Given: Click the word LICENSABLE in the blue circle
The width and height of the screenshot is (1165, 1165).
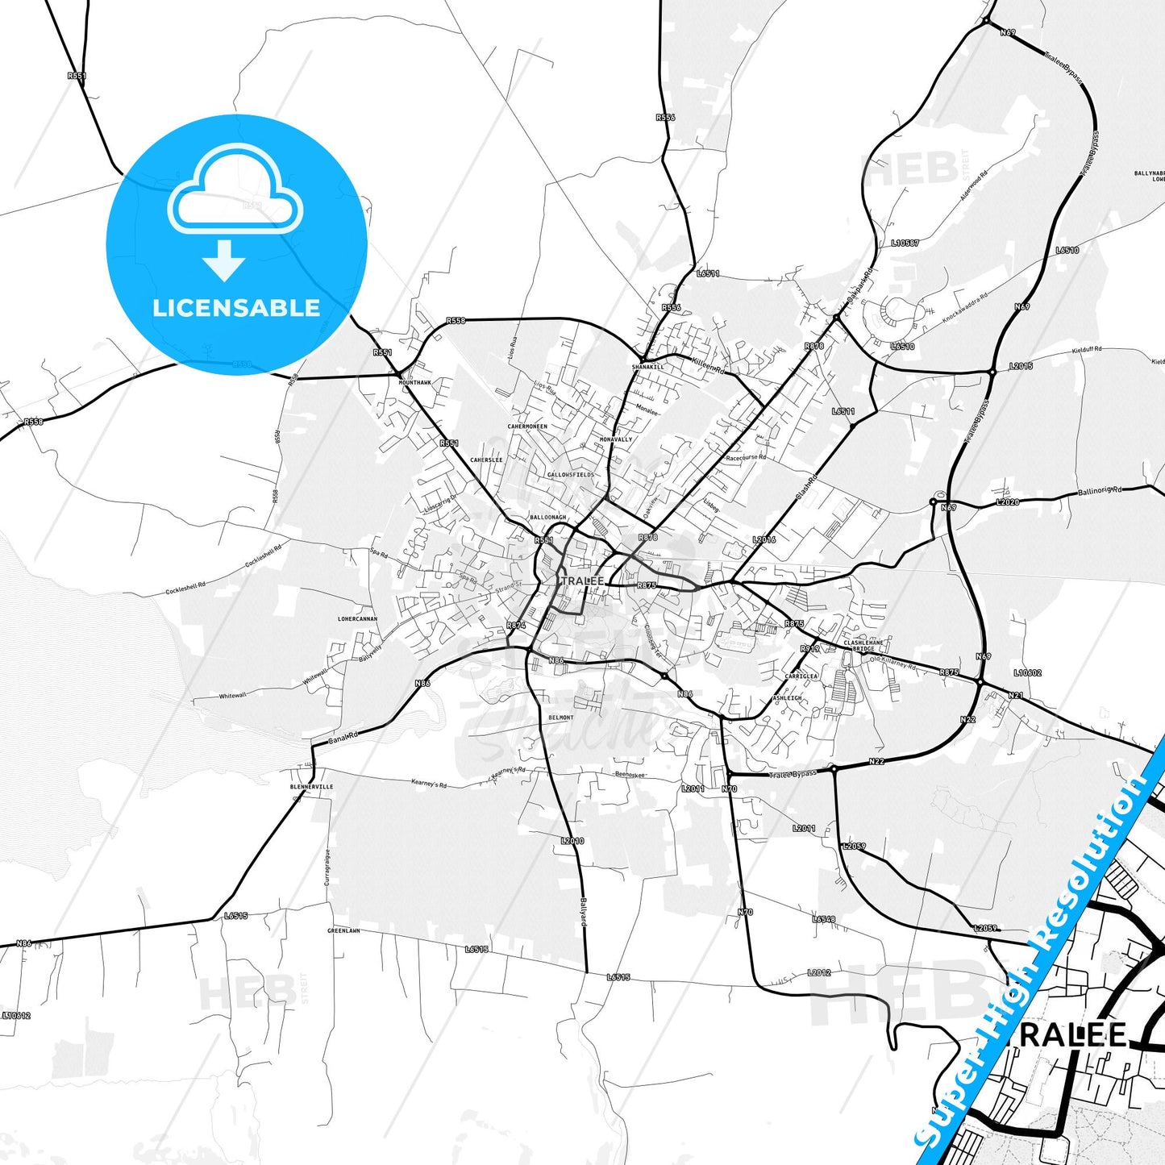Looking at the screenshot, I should (236, 308).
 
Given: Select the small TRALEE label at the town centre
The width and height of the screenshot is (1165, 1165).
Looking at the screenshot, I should (582, 581).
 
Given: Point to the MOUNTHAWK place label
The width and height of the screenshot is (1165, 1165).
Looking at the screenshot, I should (415, 383).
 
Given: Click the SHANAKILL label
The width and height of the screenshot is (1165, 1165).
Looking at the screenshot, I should (647, 367).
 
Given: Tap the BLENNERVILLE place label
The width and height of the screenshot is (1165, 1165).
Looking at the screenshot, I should (311, 787).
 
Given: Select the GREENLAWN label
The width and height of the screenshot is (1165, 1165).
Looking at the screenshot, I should (343, 930).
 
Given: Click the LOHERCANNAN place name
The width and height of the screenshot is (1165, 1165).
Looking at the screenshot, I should (357, 619).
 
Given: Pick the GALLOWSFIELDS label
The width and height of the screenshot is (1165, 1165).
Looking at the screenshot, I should (571, 475).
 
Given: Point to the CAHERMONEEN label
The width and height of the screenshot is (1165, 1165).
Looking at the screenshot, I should (527, 426).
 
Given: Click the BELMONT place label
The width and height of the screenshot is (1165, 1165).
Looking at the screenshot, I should (561, 718).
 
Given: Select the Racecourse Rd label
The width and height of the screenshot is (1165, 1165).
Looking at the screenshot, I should (746, 458).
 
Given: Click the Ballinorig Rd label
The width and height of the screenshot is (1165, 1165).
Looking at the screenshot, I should (1100, 491).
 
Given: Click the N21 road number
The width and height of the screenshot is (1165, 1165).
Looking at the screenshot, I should (1015, 695).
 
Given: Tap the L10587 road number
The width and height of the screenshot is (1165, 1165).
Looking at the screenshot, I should (905, 243).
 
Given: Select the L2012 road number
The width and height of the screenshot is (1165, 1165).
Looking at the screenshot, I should (819, 972).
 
